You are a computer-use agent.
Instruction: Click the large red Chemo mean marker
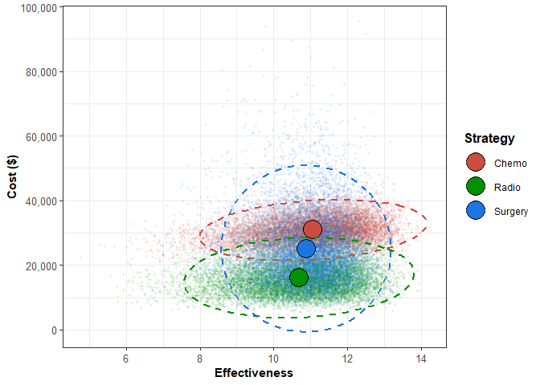(x=313, y=229)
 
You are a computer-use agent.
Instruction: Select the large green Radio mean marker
(x=299, y=278)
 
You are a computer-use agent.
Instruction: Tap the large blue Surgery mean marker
(x=306, y=249)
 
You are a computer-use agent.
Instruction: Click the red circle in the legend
(x=476, y=163)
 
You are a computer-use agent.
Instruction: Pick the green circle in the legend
(x=476, y=187)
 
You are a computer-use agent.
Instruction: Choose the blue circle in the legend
(x=476, y=211)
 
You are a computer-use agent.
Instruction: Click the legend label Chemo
(x=510, y=164)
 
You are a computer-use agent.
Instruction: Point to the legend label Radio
(x=508, y=188)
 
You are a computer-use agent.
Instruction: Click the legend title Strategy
(x=489, y=139)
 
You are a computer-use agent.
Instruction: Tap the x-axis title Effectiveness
(x=254, y=373)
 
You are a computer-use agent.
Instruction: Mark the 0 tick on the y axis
(x=54, y=330)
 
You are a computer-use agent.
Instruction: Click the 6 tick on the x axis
(x=126, y=358)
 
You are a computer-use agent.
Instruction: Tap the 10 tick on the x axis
(x=273, y=358)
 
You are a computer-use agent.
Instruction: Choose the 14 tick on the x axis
(x=420, y=358)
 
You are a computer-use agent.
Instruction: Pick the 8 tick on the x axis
(x=200, y=358)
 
